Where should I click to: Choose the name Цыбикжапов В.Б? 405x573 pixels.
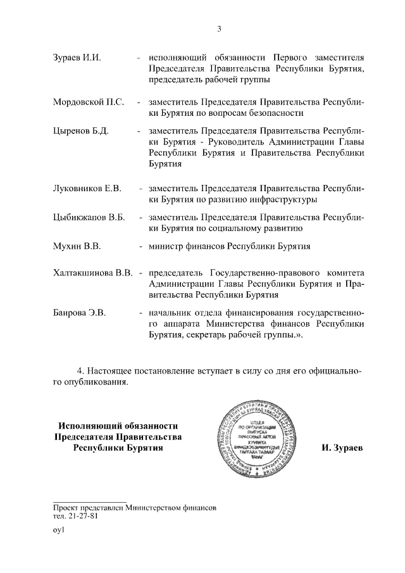(x=89, y=218)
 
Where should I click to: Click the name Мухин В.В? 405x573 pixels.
(x=77, y=246)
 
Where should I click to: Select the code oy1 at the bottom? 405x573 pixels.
(x=59, y=531)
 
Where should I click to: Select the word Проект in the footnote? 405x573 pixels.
(x=67, y=507)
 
